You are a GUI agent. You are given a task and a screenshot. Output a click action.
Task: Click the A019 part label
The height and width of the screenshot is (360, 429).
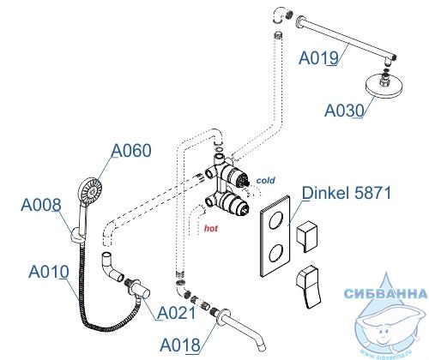(318, 58)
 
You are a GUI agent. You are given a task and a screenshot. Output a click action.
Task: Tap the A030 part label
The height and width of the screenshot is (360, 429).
(344, 111)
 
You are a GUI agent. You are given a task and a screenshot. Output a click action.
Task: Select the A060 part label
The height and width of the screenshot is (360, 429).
(131, 151)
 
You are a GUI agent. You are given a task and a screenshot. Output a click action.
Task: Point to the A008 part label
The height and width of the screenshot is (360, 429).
(41, 205)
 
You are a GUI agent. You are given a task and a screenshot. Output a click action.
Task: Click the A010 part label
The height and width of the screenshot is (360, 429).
(49, 272)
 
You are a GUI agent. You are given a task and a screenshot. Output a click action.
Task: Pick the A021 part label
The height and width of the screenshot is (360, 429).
(177, 313)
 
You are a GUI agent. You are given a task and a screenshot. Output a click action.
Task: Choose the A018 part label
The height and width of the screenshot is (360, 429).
(180, 345)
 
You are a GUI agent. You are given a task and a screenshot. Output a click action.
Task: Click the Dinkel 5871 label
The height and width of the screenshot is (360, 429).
(347, 193)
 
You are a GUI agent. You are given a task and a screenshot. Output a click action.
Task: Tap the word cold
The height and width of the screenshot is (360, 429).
(265, 180)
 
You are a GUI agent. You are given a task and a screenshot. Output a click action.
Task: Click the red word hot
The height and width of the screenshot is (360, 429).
(211, 228)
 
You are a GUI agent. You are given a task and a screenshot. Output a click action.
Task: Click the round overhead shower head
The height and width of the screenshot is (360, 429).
(384, 87)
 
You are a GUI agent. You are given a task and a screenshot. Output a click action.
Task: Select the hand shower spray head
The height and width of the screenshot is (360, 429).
(90, 190)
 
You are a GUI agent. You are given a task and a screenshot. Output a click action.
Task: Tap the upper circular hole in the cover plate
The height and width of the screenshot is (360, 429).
(276, 219)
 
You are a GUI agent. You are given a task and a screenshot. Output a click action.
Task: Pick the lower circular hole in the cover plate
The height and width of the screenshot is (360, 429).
(276, 253)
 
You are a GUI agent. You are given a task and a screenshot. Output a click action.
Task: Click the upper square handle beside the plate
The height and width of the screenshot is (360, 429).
(306, 237)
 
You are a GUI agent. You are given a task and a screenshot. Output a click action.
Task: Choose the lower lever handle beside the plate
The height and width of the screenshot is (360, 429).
(308, 286)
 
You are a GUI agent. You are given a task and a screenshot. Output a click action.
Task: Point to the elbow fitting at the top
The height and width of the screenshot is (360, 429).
(281, 16)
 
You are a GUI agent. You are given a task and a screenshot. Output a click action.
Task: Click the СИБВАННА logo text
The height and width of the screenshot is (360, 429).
(385, 293)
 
